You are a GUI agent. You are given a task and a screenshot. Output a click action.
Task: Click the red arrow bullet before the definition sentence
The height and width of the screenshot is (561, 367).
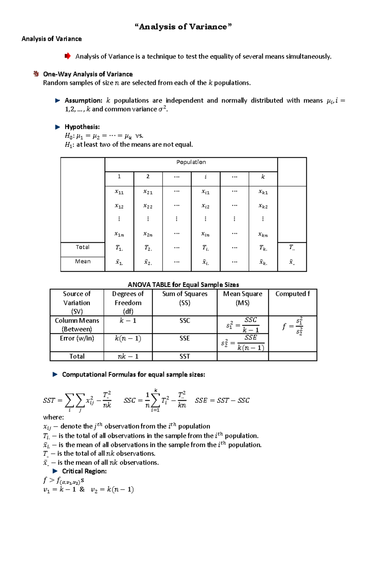point(68,56)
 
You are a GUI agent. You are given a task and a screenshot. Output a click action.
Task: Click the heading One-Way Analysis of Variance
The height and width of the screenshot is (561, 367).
point(88,74)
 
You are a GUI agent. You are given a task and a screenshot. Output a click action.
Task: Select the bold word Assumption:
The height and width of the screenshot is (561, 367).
point(83,101)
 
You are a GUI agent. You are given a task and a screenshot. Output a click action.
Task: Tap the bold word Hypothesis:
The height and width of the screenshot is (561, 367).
point(82,127)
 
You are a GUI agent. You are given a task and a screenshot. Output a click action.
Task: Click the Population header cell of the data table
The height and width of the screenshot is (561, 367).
point(191,162)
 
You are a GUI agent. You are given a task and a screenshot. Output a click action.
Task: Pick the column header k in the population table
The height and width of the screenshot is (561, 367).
point(263,177)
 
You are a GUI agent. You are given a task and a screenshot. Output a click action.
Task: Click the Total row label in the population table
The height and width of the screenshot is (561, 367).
point(83,247)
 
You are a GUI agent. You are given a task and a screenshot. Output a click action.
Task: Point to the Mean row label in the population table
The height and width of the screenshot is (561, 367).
point(83,261)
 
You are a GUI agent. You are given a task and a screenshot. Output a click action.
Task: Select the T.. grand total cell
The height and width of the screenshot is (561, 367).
point(292,247)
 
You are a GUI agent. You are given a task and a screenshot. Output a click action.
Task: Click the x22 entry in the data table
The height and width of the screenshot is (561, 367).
point(148,206)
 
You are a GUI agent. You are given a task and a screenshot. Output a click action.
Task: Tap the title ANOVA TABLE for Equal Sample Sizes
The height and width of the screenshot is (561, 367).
point(183,285)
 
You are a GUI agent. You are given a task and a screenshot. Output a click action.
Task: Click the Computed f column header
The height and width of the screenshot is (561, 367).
point(292,294)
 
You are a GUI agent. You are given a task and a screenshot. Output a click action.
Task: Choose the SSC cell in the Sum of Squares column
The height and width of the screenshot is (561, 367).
point(184,320)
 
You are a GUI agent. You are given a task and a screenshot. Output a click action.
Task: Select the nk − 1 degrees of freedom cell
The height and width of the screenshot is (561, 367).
point(128,356)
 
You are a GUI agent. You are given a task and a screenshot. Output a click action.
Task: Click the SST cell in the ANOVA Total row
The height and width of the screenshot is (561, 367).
point(184,356)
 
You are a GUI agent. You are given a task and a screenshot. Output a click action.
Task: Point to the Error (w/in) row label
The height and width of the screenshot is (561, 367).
point(77,338)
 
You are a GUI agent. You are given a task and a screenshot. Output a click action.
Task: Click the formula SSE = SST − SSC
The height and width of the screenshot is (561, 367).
point(222,400)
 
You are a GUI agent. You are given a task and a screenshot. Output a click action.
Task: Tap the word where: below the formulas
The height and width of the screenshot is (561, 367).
point(54,417)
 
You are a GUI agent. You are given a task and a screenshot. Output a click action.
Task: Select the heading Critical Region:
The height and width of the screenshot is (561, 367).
point(84,471)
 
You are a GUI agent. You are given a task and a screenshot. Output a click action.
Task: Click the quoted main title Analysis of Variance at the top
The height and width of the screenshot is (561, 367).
point(183,27)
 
